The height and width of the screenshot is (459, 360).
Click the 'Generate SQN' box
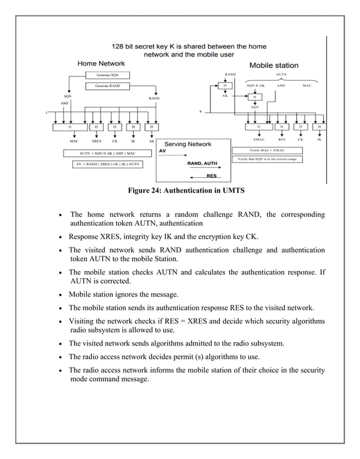(x=107, y=75)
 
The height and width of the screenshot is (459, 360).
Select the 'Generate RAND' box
(x=107, y=86)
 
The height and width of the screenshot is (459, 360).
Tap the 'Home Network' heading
(x=101, y=63)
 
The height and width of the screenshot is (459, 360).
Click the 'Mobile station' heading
(x=274, y=65)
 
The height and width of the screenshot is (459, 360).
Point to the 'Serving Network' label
(x=193, y=145)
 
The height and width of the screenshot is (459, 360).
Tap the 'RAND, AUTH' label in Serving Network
(x=201, y=164)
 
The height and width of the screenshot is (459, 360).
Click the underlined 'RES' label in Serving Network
(x=211, y=176)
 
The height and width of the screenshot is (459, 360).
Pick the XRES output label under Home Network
(x=96, y=141)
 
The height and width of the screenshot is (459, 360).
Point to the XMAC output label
(x=259, y=139)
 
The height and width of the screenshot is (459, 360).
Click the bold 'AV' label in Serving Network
(x=163, y=151)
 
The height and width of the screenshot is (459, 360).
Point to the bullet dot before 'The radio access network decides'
(x=60, y=357)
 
